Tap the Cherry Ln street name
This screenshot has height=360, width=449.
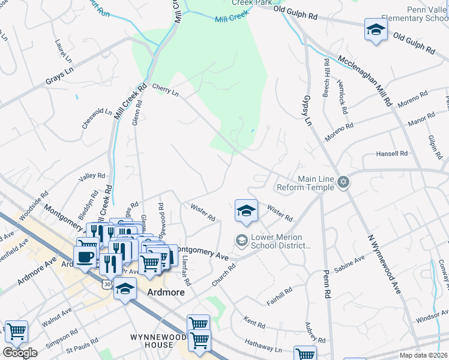(x=165, y=90)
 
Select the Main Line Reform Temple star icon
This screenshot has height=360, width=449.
(x=343, y=182)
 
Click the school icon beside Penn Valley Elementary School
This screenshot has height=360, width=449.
(x=375, y=29)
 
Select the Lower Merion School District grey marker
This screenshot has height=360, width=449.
(x=241, y=240)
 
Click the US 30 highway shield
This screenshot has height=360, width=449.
(x=106, y=283)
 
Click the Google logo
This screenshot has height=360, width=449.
(x=20, y=353)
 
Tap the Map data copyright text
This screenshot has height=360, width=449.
(x=424, y=355)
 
